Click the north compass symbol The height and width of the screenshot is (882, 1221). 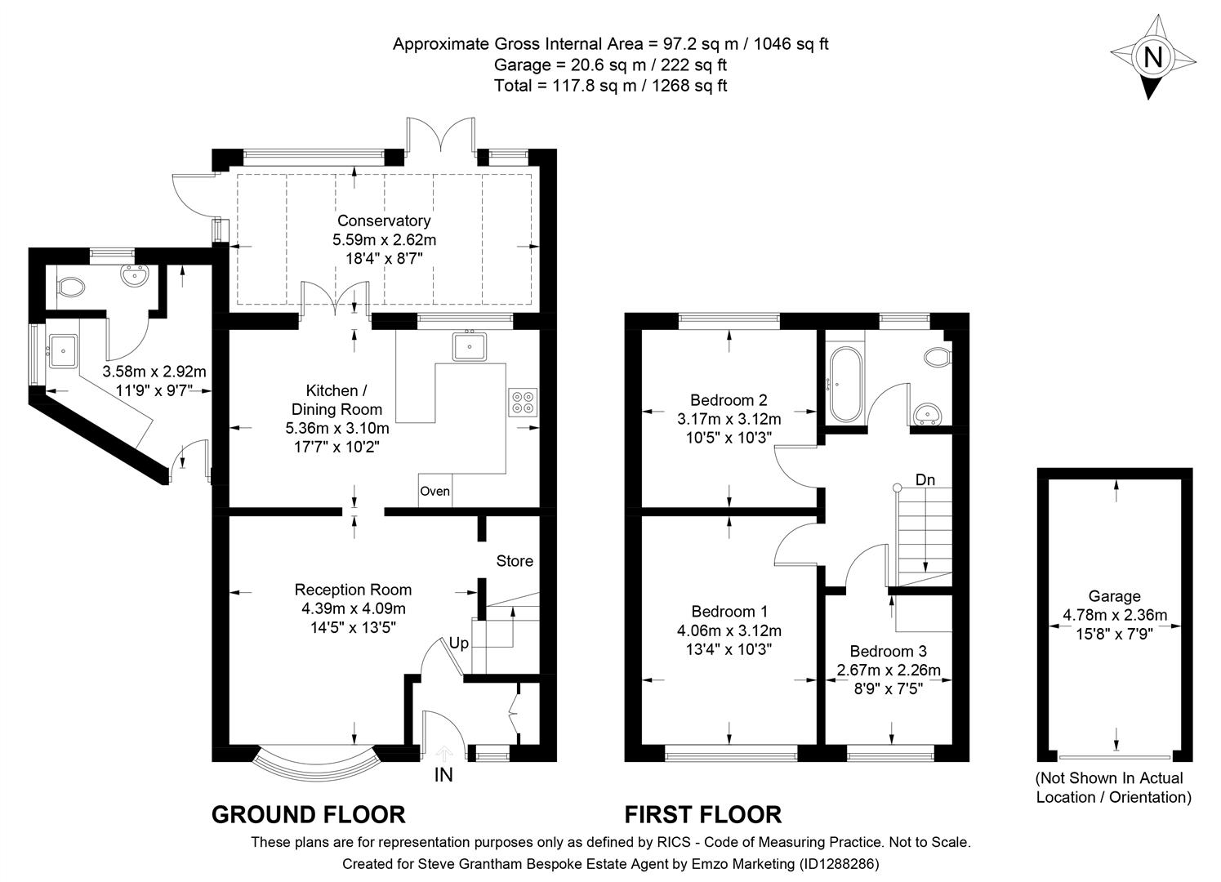pyautogui.click(x=1152, y=58)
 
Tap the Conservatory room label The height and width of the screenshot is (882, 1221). pyautogui.click(x=384, y=220)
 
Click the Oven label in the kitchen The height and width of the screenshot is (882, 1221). pyautogui.click(x=434, y=491)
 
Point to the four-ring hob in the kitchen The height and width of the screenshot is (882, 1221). pyautogui.click(x=523, y=402)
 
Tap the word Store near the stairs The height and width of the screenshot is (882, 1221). pyautogui.click(x=515, y=561)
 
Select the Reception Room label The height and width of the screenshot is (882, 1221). pyautogui.click(x=353, y=590)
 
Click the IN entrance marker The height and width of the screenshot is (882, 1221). pyautogui.click(x=443, y=775)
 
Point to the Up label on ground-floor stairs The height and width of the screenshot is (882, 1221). pyautogui.click(x=459, y=643)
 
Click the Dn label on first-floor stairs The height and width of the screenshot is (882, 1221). pyautogui.click(x=925, y=479)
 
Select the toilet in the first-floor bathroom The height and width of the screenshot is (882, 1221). pyautogui.click(x=938, y=357)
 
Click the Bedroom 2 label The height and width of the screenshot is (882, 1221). pyautogui.click(x=729, y=400)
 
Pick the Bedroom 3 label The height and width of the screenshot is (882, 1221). pyautogui.click(x=888, y=651)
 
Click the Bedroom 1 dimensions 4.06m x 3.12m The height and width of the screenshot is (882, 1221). pyautogui.click(x=729, y=630)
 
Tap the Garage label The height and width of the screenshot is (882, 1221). pyautogui.click(x=1114, y=596)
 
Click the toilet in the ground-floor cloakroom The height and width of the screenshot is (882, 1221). pyautogui.click(x=71, y=287)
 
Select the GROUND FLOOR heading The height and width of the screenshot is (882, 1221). pyautogui.click(x=308, y=814)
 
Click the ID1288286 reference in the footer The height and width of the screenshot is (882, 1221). pyautogui.click(x=840, y=863)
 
